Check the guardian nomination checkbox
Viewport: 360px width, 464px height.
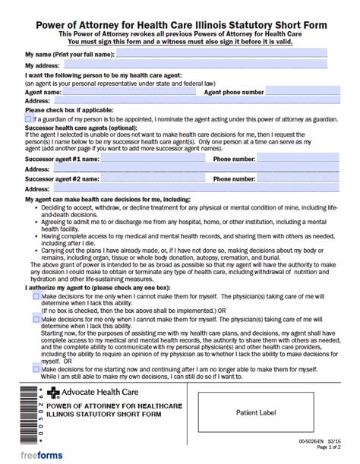coord(29,118)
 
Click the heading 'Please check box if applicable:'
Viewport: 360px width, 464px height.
coord(68,110)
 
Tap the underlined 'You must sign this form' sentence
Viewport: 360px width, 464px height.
coord(180,43)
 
